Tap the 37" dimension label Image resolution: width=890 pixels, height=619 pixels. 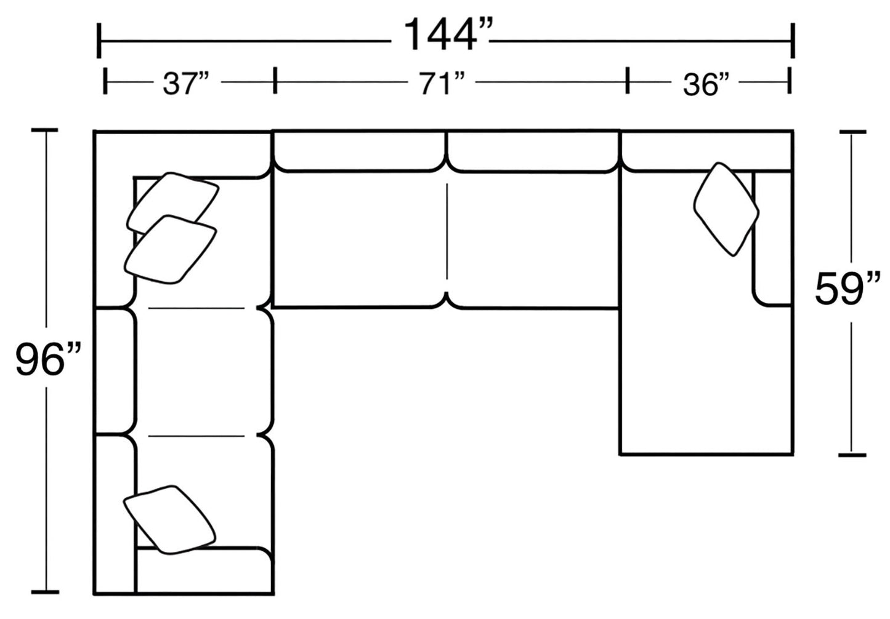(x=186, y=84)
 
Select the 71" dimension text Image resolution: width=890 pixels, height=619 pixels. (x=442, y=84)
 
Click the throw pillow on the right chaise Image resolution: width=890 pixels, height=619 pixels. (x=726, y=209)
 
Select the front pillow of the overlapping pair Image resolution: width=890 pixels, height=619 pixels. (x=170, y=250)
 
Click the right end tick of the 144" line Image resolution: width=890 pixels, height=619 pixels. (x=792, y=41)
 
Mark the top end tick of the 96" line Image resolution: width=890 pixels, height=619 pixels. (x=44, y=130)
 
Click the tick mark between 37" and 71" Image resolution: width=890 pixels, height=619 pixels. (x=275, y=81)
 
